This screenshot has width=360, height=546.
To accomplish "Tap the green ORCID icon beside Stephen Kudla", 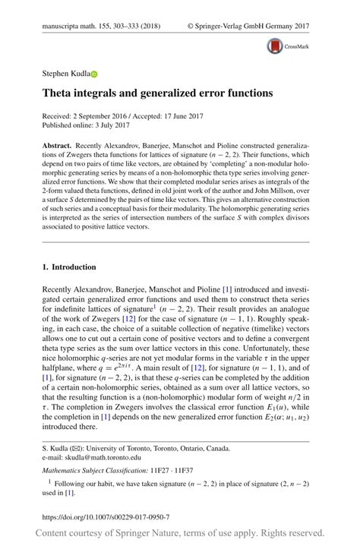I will click(x=95, y=74).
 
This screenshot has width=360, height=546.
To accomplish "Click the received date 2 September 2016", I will click(x=108, y=115).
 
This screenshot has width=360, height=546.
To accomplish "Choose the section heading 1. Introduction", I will click(x=68, y=267).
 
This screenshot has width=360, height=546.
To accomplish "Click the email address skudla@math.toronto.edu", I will click(x=106, y=458).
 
